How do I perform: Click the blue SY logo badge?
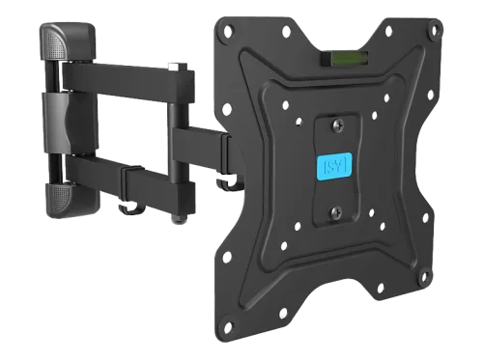coord(334,166)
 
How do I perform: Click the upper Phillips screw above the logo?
coord(338,125)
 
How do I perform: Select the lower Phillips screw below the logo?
coord(336,212)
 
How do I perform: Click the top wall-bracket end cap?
coord(68,41)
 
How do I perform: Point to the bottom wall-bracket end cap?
coord(73,200)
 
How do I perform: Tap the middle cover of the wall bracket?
coord(71,124)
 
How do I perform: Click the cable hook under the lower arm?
coord(132,208)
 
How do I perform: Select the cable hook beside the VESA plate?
coord(229,184)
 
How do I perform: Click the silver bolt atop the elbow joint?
coord(178,67)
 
